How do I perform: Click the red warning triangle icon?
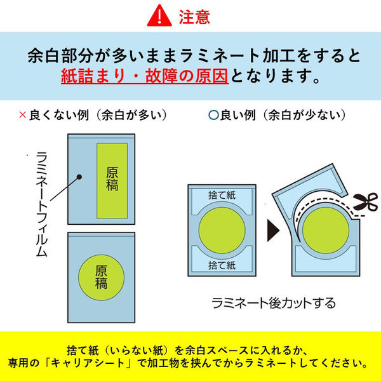tap(159, 16)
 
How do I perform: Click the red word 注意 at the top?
tap(194, 17)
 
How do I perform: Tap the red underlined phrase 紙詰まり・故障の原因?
tap(145, 76)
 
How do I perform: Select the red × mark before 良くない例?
tap(23, 115)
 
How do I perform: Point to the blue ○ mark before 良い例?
tap(213, 115)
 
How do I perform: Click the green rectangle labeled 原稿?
tap(112, 180)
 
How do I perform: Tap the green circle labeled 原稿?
tap(101, 277)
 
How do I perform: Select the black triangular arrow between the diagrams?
tap(273, 230)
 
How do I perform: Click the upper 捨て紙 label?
tap(222, 196)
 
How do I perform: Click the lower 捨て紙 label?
tap(222, 265)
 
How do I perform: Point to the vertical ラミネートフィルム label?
tap(41, 204)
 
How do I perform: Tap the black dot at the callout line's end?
tap(79, 177)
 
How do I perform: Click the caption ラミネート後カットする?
tap(273, 303)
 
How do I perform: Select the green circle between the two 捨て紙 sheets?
tap(222, 231)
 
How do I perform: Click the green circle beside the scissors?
tap(326, 231)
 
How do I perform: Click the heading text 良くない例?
tap(59, 115)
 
